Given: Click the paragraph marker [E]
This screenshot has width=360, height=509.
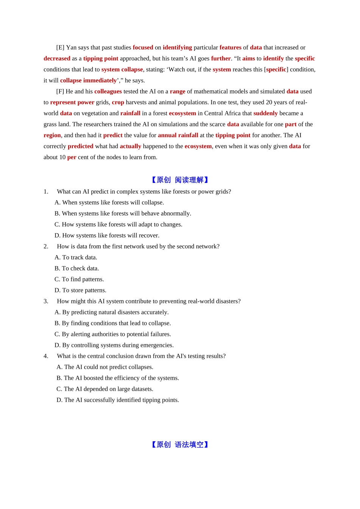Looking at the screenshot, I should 60,47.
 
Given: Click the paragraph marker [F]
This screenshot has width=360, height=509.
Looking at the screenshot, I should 60,91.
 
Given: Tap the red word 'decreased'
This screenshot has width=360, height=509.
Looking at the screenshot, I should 57,58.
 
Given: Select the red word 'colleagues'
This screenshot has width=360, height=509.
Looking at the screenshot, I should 108,91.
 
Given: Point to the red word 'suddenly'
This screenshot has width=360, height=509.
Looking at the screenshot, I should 265,113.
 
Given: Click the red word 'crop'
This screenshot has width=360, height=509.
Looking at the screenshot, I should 118,102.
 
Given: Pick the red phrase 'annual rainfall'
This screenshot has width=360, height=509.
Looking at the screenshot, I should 178,135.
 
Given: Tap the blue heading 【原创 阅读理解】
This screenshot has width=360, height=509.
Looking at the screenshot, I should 180,180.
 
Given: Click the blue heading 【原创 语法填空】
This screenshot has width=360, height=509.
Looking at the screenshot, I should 180,445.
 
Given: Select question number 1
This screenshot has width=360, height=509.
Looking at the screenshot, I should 46,192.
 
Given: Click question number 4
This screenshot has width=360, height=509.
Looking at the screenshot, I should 46,356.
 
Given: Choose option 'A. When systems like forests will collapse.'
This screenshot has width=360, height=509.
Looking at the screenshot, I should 109,203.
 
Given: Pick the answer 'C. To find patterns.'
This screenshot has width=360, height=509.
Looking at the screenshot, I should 79,279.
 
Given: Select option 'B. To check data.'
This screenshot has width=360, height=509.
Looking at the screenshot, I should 77,268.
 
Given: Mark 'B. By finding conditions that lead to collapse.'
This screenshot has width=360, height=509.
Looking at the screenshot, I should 113,323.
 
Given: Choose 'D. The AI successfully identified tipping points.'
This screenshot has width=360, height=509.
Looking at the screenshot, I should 117,400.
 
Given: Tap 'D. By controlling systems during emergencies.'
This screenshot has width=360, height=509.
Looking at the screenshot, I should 114,345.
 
